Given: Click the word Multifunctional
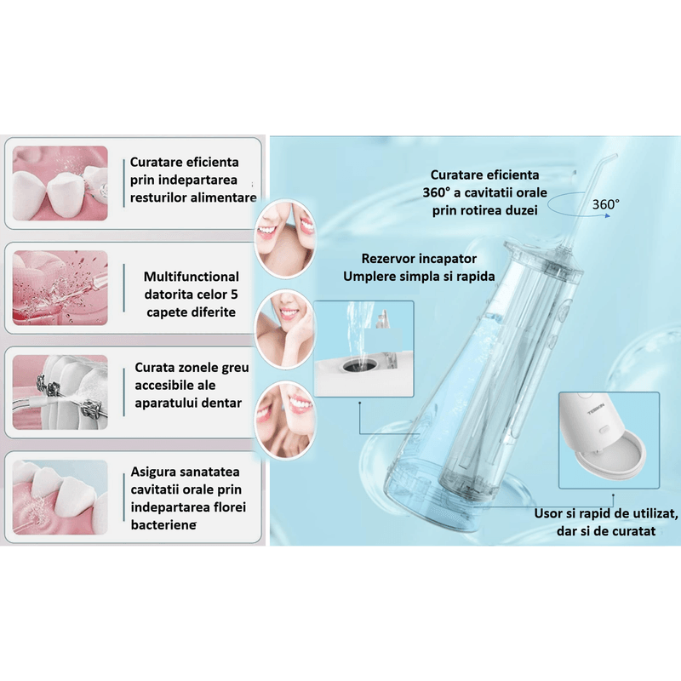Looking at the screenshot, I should tap(192, 277).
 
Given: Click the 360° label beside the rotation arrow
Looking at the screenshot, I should tap(606, 204).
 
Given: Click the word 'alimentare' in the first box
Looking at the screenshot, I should tap(225, 197).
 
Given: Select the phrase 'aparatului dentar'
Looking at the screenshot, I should tap(188, 403).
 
